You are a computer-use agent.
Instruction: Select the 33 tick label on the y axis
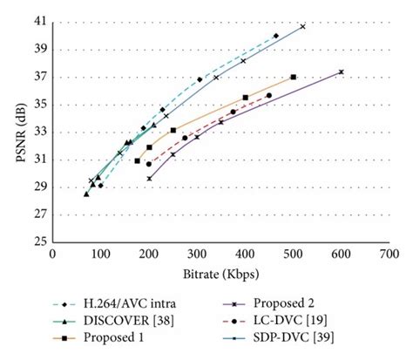42,132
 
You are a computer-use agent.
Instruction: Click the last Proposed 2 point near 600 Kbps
341,72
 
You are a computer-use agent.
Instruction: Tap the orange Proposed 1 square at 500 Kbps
294,77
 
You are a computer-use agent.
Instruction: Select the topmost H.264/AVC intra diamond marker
276,36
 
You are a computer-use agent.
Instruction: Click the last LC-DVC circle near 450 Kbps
269,95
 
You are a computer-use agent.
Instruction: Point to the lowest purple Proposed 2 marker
149,179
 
